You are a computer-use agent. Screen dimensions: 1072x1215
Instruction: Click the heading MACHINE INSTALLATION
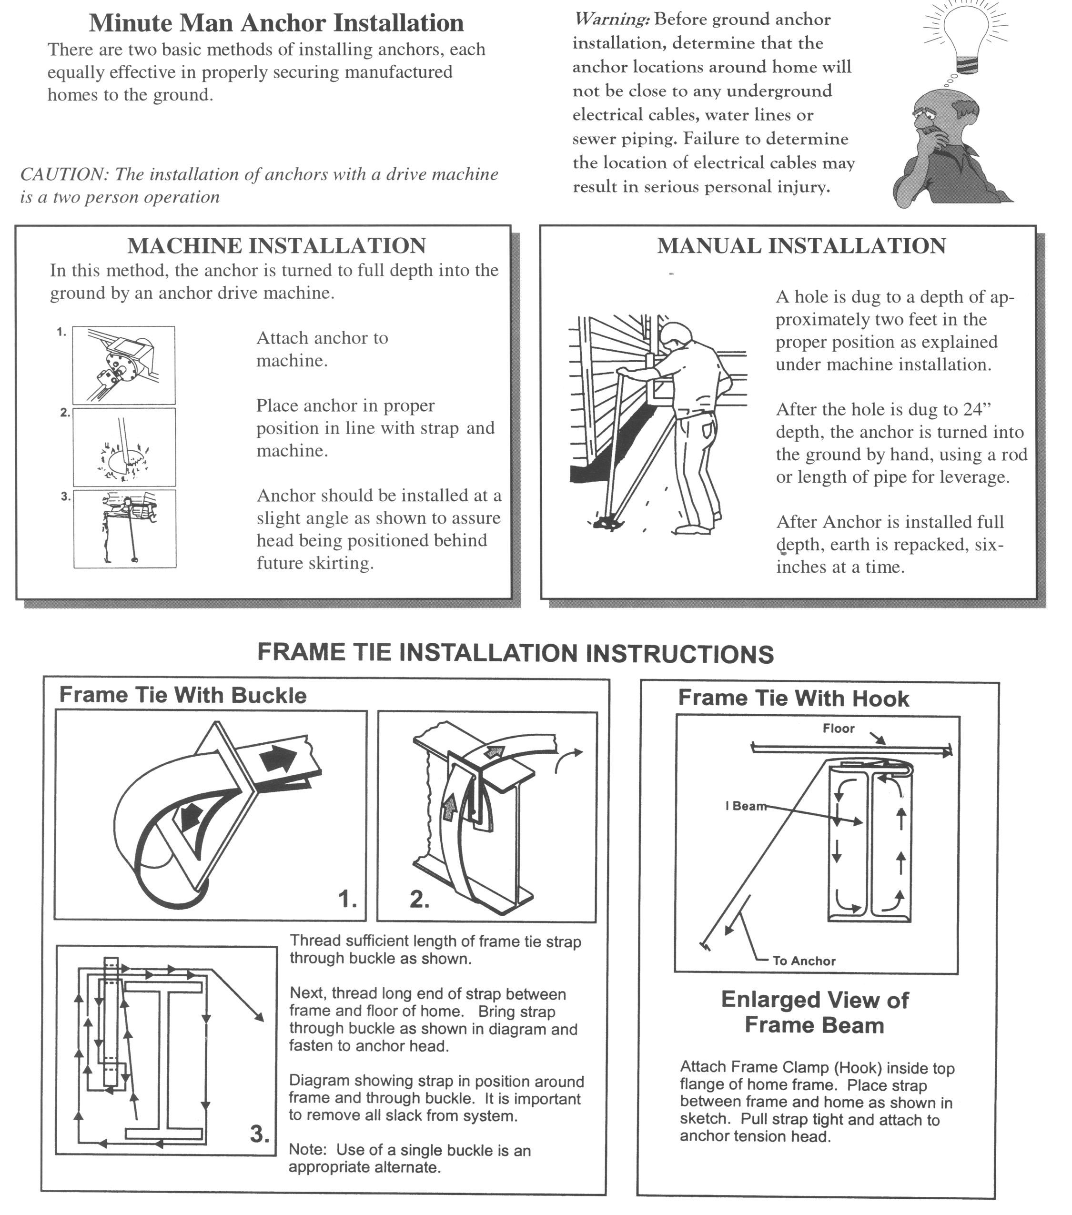pos(276,245)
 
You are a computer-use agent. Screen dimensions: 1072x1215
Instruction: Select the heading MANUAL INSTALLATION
pos(801,245)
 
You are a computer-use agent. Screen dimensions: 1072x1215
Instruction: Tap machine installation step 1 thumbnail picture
pos(123,365)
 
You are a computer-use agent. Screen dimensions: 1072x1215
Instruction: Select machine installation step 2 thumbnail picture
pos(124,447)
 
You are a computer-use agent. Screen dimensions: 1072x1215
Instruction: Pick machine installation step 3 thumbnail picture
pos(125,528)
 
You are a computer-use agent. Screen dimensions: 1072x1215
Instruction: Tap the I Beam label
pos(745,806)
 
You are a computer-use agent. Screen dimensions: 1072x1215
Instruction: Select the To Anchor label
pos(804,961)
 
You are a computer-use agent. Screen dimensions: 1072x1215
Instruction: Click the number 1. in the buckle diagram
pos(348,900)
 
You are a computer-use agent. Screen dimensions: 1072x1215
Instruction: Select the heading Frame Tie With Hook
pos(793,699)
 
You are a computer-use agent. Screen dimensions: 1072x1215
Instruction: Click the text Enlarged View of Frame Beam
pos(815,1012)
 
